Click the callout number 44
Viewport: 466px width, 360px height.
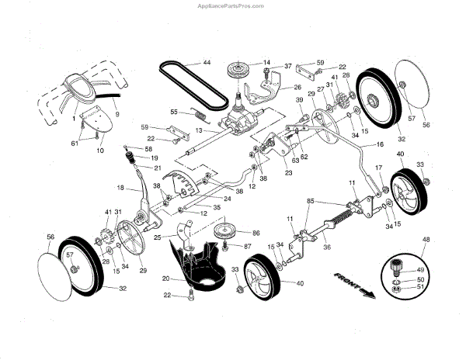click(x=207, y=62)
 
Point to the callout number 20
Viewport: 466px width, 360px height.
click(x=165, y=278)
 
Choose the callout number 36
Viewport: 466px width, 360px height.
click(x=327, y=247)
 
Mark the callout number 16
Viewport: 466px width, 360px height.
click(x=380, y=144)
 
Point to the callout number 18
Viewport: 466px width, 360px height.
click(x=120, y=188)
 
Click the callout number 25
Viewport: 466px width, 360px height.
click(x=158, y=236)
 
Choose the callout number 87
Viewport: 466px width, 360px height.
click(x=248, y=247)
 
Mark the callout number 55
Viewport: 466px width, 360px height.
click(x=174, y=112)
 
